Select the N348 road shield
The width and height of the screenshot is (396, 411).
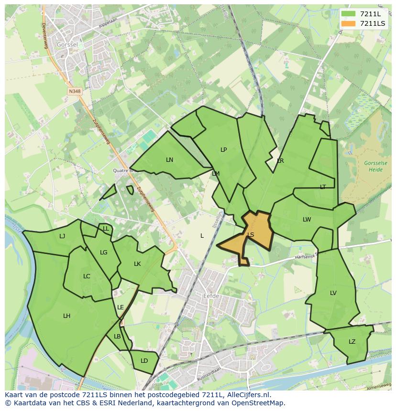point(74,91)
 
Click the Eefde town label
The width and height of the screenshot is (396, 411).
point(211,296)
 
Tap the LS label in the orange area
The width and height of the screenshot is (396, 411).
point(251,234)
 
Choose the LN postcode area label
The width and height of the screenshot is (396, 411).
point(169,159)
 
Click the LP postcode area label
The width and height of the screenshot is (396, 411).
point(223,149)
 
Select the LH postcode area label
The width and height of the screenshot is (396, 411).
point(66,316)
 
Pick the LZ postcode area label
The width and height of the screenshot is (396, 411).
point(352,341)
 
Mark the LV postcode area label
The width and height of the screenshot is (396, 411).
point(333,293)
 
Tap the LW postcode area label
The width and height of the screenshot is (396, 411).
point(307,220)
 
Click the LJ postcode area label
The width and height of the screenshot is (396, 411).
point(62,236)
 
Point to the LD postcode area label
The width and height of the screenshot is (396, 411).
point(144,360)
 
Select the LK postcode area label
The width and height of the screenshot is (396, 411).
point(137,263)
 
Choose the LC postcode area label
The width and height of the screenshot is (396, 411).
point(87,276)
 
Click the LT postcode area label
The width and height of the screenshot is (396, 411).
point(323,187)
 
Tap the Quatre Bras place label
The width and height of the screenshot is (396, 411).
point(122,170)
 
